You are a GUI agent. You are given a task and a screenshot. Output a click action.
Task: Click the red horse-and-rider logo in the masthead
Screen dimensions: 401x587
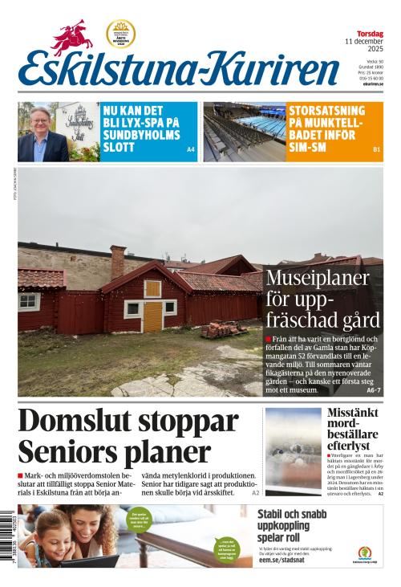tap(71, 37)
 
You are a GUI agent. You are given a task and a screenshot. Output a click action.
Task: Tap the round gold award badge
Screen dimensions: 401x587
tap(120, 34)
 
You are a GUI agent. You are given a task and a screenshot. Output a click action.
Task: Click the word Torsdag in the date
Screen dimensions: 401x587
tap(370, 33)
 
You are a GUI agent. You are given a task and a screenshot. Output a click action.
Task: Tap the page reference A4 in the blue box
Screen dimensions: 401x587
tap(190, 150)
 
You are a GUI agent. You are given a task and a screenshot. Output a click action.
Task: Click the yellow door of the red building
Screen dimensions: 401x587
tap(152, 316)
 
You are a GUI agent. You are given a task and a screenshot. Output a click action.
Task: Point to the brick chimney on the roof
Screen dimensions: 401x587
tap(118, 262)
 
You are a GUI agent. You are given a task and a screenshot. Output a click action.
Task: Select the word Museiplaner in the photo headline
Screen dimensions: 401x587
tap(318, 279)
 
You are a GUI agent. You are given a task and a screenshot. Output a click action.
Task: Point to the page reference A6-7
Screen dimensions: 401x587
tap(373, 390)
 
